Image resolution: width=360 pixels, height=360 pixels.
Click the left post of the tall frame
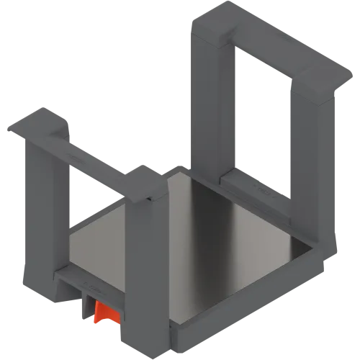point(209,94)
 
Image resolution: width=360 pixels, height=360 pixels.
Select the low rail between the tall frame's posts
point(252,184)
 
